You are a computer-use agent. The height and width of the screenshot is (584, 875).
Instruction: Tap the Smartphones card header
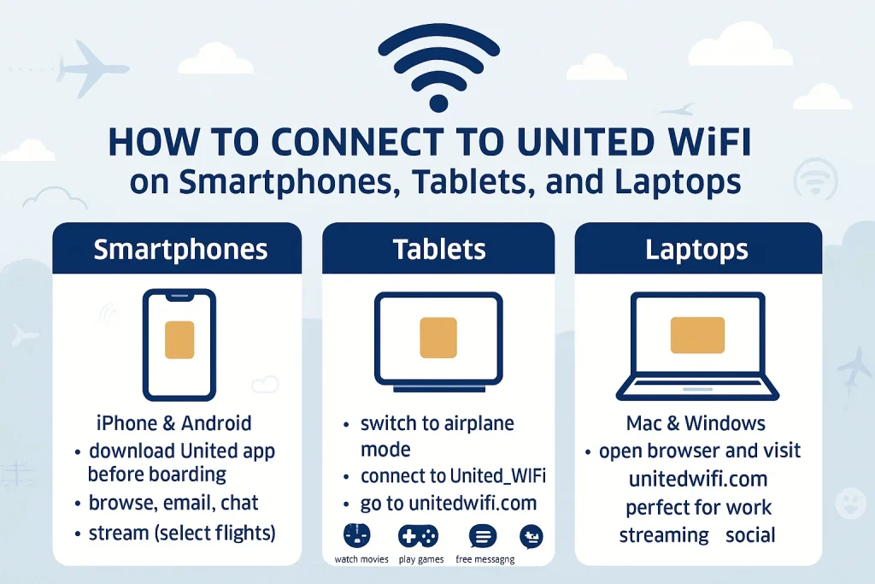pyautogui.click(x=177, y=249)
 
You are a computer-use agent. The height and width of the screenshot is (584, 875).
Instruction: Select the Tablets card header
pyautogui.click(x=438, y=249)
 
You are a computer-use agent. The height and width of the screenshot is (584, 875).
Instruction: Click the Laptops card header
pyautogui.click(x=698, y=249)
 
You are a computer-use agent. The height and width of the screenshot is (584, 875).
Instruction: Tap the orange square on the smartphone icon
pyautogui.click(x=179, y=340)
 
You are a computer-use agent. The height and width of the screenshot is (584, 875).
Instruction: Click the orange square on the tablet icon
pyautogui.click(x=438, y=338)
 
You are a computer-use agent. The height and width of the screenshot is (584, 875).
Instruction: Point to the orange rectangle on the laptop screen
pyautogui.click(x=697, y=335)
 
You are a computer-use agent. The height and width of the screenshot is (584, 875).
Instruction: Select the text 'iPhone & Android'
pyautogui.click(x=173, y=423)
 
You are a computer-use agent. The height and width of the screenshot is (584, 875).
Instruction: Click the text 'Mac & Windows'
pyautogui.click(x=696, y=423)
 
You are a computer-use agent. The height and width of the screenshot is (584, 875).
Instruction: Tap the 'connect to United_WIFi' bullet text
pyautogui.click(x=453, y=476)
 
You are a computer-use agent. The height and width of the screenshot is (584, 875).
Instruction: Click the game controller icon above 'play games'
pyautogui.click(x=418, y=536)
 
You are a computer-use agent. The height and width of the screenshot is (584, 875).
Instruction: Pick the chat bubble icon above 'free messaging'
pyautogui.click(x=483, y=536)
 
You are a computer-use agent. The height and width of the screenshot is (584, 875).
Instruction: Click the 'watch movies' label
pyautogui.click(x=361, y=559)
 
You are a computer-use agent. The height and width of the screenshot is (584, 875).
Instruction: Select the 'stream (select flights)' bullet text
pyautogui.click(x=182, y=534)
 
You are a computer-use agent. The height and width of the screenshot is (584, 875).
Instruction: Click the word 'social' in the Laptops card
pyautogui.click(x=750, y=535)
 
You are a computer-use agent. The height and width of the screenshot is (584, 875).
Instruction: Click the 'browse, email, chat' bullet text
pyautogui.click(x=173, y=503)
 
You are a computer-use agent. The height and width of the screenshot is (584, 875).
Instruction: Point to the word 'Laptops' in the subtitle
pyautogui.click(x=678, y=183)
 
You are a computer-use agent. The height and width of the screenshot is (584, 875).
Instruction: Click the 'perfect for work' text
pyautogui.click(x=698, y=508)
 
